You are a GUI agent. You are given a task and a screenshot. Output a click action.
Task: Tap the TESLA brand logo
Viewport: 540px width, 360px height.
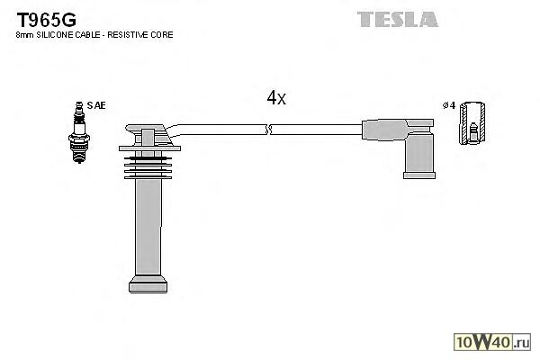[x=397, y=18]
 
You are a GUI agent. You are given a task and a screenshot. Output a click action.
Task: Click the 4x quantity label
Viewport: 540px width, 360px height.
[x=276, y=98]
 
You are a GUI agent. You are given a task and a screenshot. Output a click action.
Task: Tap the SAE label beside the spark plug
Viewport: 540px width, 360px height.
[x=96, y=105]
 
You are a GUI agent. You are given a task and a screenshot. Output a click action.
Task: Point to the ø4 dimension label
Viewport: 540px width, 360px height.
[x=447, y=105]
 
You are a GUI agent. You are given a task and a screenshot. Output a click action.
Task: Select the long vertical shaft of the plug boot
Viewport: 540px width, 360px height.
[x=148, y=225]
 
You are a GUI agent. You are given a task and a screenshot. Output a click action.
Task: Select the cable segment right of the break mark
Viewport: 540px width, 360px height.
[x=315, y=129]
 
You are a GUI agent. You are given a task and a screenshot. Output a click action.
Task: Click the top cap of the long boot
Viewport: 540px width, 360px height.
[x=145, y=137]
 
